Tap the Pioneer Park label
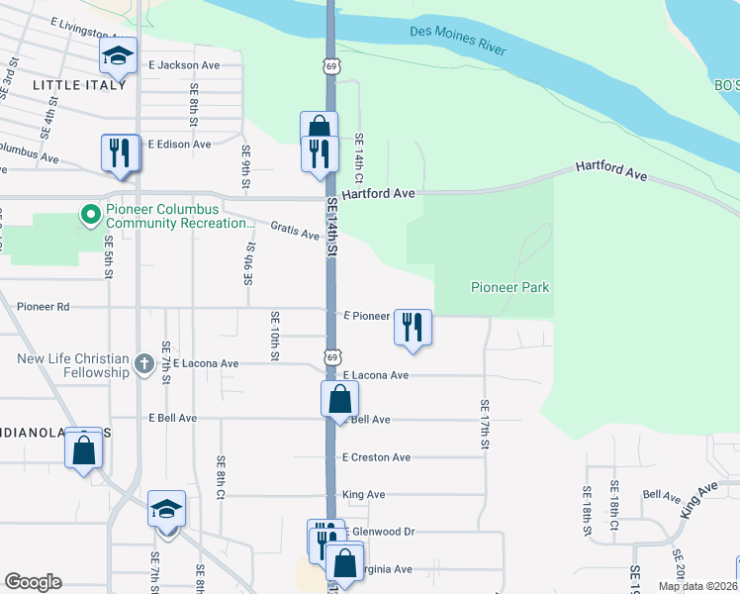coord(509,287)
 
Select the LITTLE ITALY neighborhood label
coord(79,85)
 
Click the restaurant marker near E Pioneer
coord(413,328)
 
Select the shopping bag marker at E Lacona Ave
coord(338,400)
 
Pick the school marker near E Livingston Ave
coord(118,56)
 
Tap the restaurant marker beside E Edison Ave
coord(121,152)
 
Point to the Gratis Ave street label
coord(298,235)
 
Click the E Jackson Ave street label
coord(184,65)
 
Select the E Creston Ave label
coord(376,457)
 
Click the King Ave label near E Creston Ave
coord(363,494)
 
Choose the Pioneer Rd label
coord(43,307)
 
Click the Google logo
coord(33,582)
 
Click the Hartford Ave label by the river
coord(611,173)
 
